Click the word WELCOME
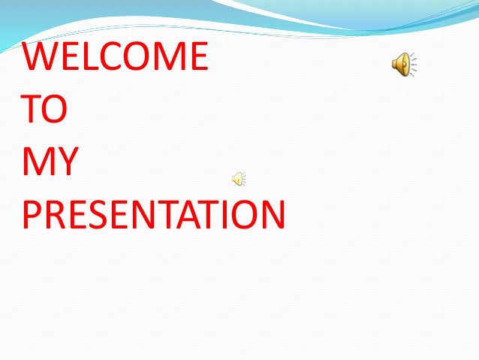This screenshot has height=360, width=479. click(115, 57)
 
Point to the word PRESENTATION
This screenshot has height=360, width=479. click(154, 214)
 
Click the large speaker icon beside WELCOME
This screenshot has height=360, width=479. click(404, 65)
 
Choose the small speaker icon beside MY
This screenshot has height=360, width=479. click(238, 179)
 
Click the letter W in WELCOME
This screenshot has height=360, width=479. click(40, 57)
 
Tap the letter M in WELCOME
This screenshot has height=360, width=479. click(167, 57)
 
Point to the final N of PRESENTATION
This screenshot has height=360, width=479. click(271, 214)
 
